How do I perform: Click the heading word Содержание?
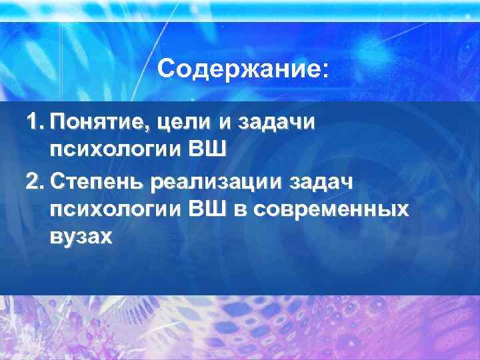point(239,69)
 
